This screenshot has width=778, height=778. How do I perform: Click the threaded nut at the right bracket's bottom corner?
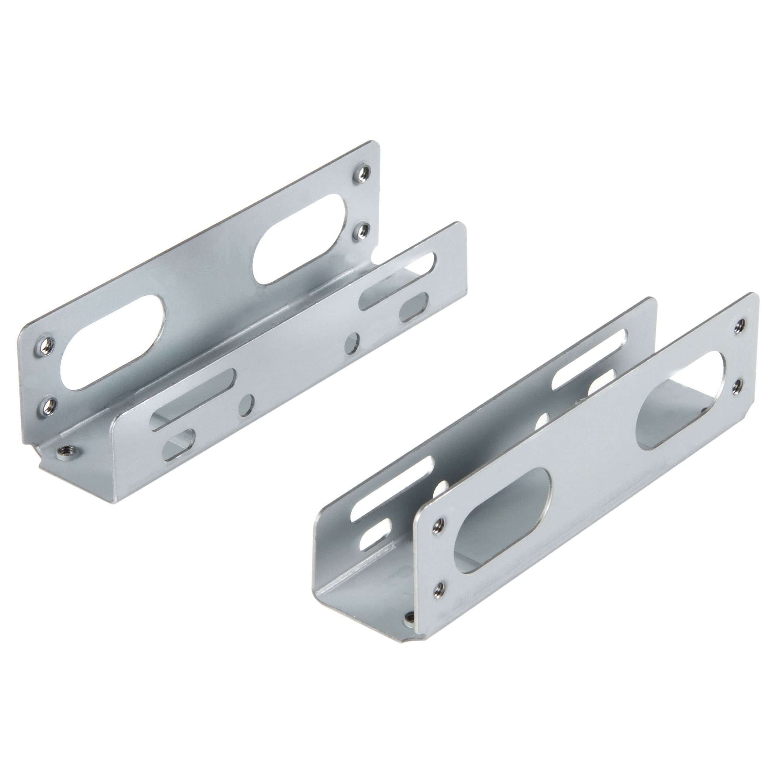pyautogui.click(x=410, y=628)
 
